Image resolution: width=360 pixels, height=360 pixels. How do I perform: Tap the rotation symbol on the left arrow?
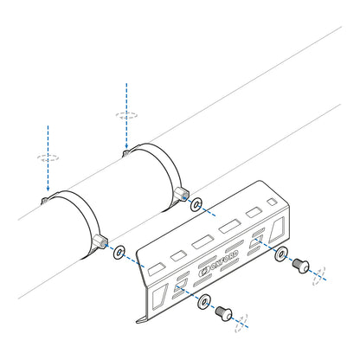(47, 157)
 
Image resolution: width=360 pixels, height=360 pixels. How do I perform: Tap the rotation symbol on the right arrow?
(125, 114)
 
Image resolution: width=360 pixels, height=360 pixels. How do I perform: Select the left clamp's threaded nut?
(100, 241)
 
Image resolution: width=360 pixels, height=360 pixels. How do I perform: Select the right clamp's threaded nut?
(180, 193)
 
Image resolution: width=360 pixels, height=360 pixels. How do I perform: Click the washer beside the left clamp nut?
(119, 252)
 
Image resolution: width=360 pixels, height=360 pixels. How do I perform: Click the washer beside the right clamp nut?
(197, 204)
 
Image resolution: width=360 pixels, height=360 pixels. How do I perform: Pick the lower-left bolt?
(223, 313)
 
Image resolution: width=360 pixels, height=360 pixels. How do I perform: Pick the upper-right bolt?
(301, 263)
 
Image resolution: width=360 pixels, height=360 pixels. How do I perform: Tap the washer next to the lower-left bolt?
(203, 302)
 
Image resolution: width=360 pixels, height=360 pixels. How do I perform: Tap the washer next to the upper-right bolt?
(280, 254)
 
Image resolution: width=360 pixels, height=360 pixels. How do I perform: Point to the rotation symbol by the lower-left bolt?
(241, 321)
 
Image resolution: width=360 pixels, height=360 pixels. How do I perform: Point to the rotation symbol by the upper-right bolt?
(319, 273)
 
